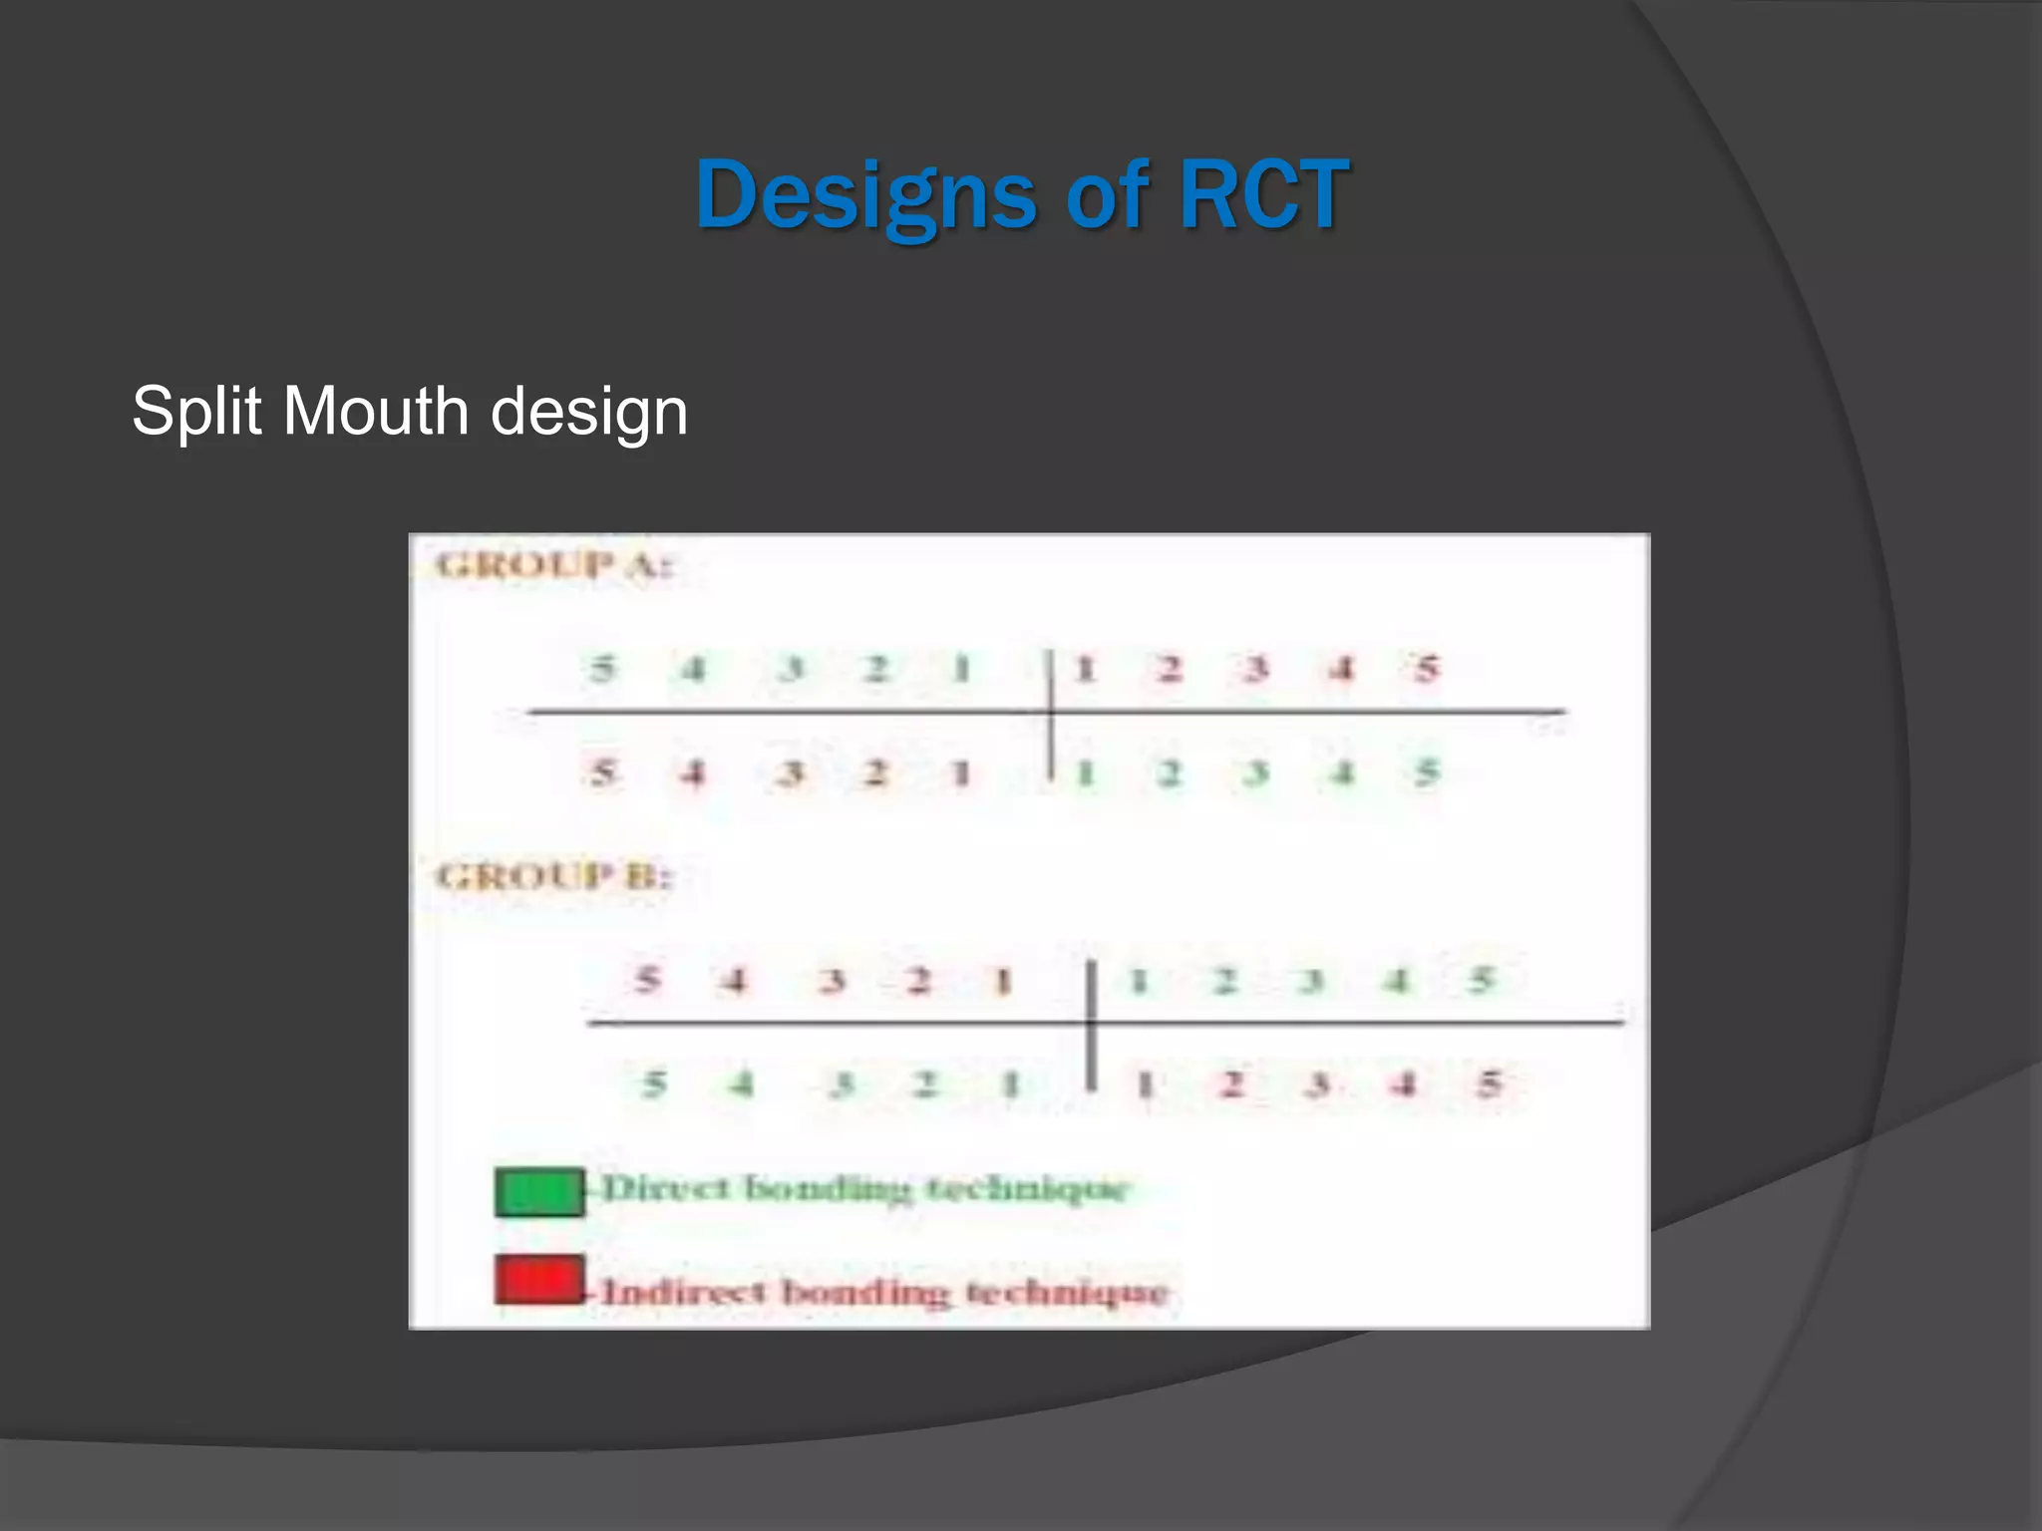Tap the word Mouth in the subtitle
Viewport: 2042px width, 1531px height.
(x=375, y=411)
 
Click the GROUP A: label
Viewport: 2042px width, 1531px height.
(x=554, y=566)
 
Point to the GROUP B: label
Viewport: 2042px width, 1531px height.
(x=554, y=877)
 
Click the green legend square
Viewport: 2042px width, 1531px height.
(x=539, y=1192)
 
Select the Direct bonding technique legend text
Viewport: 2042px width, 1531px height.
(x=864, y=1189)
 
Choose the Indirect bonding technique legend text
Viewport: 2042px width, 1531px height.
(x=884, y=1293)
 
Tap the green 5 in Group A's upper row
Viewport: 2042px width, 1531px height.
(x=601, y=668)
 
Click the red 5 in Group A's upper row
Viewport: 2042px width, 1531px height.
(x=1427, y=668)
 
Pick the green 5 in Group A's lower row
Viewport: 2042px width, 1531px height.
(x=1427, y=772)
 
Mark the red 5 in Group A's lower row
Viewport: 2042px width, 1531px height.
(x=601, y=772)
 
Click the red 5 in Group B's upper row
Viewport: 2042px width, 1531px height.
(x=647, y=980)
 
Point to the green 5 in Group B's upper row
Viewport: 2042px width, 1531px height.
(x=1482, y=980)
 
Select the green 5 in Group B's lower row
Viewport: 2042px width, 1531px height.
(x=653, y=1083)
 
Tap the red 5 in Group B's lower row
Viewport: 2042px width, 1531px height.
(x=1489, y=1083)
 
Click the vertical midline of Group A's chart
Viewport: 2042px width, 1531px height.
(x=1051, y=713)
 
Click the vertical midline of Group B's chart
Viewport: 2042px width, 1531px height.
(x=1092, y=1025)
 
